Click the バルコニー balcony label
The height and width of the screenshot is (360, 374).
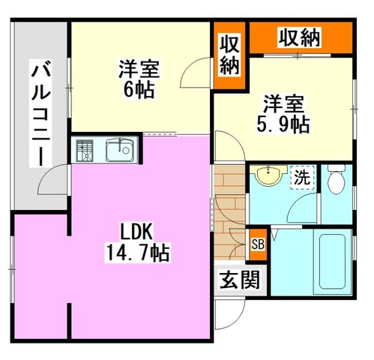click(x=40, y=113)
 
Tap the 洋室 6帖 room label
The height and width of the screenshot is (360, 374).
click(x=139, y=79)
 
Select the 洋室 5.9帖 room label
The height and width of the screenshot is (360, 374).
click(x=283, y=114)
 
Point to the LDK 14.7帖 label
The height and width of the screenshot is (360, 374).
click(x=138, y=241)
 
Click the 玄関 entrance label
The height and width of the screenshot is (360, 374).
click(x=240, y=280)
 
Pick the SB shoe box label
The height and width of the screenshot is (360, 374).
click(x=258, y=244)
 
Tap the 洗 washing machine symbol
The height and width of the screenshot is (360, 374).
click(x=302, y=178)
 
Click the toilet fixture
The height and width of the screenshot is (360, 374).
click(x=337, y=179)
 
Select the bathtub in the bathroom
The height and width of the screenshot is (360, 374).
click(x=333, y=262)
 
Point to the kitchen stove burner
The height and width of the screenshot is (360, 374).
click(x=85, y=151)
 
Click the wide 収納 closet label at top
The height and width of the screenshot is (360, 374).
click(x=300, y=37)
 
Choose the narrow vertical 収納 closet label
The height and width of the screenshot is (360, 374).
click(x=230, y=55)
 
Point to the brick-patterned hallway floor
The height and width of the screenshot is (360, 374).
click(x=229, y=212)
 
